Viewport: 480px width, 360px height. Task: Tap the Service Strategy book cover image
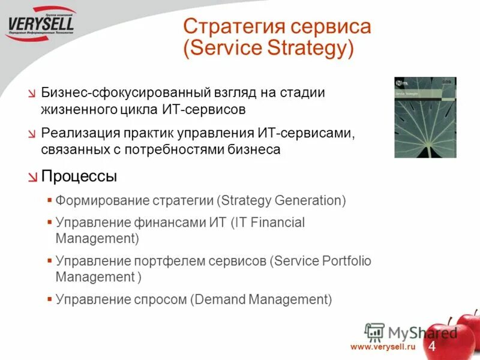tap(425, 118)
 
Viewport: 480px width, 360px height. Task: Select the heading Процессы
tap(79, 176)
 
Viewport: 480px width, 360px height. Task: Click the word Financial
tap(278, 223)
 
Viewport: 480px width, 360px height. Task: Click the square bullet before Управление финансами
tap(49, 222)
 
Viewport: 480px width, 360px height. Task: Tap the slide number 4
tap(431, 347)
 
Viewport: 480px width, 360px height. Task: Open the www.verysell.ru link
tap(383, 347)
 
